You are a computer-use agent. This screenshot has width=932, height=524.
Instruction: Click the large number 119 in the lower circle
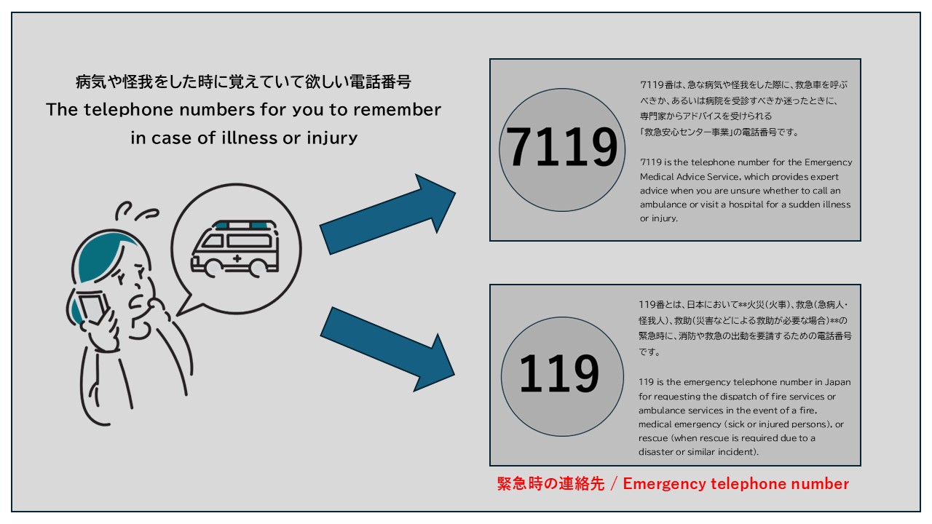tap(559, 373)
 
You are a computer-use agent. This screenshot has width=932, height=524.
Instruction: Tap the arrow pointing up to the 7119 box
tap(388, 214)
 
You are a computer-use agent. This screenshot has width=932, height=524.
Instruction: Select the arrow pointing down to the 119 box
tap(388, 350)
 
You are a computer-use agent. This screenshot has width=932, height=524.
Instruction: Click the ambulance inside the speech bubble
tap(235, 248)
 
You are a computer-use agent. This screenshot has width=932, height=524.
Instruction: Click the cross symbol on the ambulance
tap(237, 258)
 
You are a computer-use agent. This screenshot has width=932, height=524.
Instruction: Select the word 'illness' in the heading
tap(250, 138)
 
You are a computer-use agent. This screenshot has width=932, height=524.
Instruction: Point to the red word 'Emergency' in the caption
tap(664, 484)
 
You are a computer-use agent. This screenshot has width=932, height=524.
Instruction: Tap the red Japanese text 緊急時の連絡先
tap(550, 484)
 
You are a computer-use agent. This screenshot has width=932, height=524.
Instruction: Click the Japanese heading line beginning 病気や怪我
tap(243, 82)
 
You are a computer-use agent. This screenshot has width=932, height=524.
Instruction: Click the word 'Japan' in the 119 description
tap(837, 382)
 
